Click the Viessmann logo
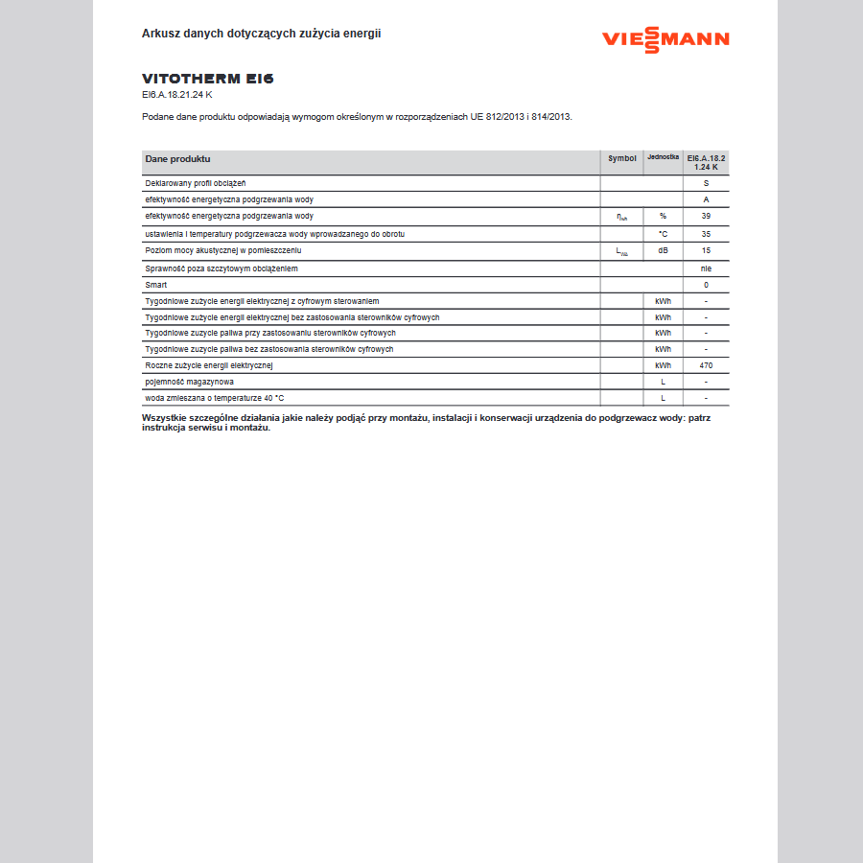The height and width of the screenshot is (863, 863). (665, 39)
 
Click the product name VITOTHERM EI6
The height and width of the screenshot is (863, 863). (201, 79)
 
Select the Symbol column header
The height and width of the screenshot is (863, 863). (621, 158)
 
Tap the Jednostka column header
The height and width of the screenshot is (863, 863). (663, 157)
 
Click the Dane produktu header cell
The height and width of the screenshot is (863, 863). (178, 158)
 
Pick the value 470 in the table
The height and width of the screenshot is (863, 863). (706, 365)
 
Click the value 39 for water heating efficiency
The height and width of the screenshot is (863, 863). (706, 216)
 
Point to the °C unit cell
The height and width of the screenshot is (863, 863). (663, 234)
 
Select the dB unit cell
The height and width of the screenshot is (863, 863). (663, 250)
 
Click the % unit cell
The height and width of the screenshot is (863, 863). (663, 216)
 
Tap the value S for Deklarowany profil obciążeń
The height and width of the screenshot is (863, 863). (706, 182)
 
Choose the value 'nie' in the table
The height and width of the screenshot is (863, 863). (706, 268)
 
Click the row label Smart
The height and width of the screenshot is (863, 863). (155, 285)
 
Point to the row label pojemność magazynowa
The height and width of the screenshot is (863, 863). (189, 382)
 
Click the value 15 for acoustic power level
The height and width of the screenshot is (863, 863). (706, 250)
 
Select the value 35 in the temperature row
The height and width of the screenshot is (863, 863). (706, 234)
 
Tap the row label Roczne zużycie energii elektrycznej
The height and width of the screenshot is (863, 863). (209, 365)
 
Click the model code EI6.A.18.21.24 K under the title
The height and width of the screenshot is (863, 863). (177, 95)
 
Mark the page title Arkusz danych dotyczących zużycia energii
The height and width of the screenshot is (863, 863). (262, 33)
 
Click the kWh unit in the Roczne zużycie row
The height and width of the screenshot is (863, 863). (663, 365)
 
